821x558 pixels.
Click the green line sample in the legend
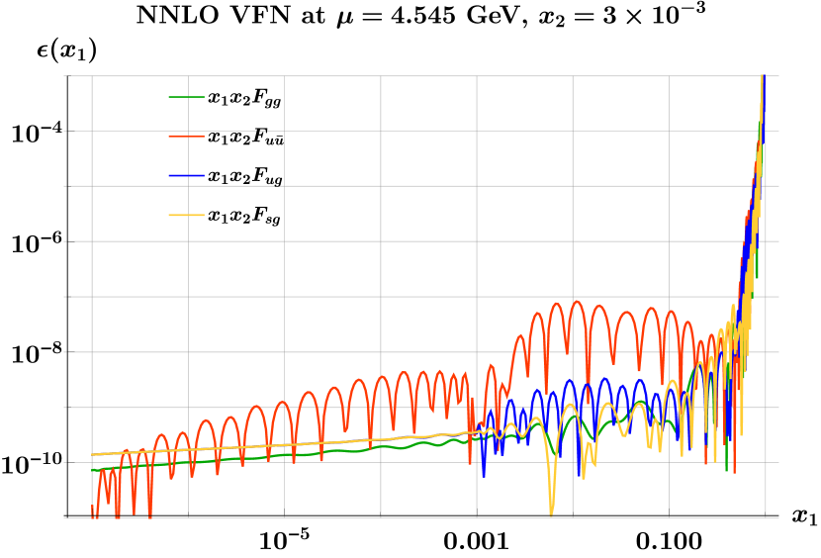(x=186, y=97)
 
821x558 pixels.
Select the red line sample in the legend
(x=186, y=137)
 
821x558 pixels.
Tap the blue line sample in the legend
(x=186, y=176)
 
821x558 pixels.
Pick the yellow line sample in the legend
(x=186, y=215)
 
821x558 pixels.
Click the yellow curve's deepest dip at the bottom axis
(x=551, y=513)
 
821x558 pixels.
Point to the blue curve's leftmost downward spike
(x=484, y=476)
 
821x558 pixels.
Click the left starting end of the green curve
(x=92, y=470)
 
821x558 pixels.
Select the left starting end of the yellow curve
(x=92, y=455)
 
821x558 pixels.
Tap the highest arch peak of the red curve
(x=577, y=302)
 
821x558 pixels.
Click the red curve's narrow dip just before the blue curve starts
(x=471, y=425)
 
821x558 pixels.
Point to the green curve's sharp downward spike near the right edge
(x=726, y=471)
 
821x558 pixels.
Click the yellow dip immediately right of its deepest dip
(x=584, y=478)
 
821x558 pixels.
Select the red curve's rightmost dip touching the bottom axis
(x=149, y=515)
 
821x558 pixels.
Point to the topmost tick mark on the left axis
(x=66, y=76)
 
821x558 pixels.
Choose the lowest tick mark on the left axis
(x=66, y=517)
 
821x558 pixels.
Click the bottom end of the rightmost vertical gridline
(x=765, y=517)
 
